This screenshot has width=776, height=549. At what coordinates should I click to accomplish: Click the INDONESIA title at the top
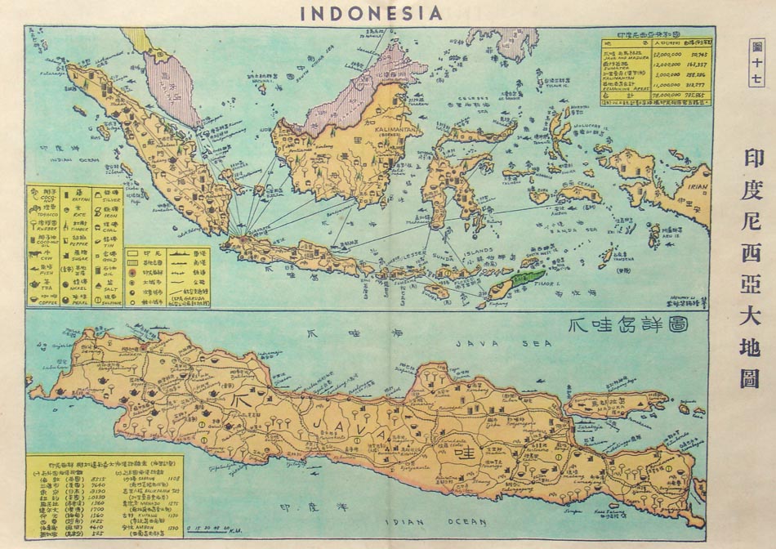coord(371,12)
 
